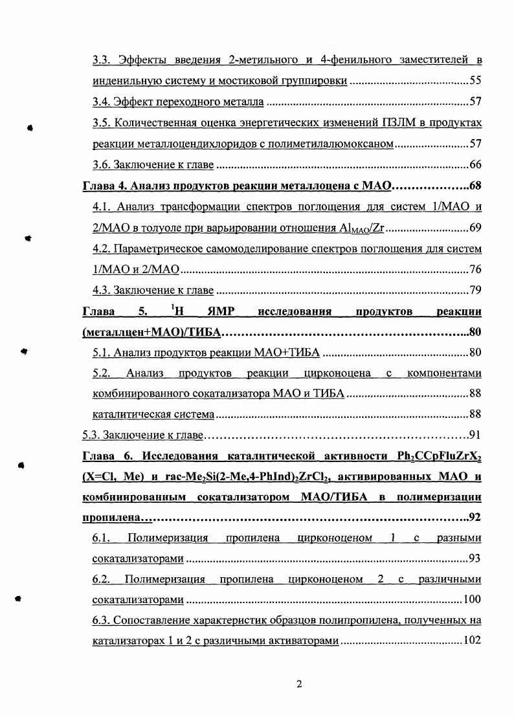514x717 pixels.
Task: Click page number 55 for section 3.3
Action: pyautogui.click(x=476, y=82)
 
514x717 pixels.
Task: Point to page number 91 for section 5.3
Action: pyautogui.click(x=475, y=434)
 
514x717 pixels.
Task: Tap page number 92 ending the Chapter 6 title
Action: pyautogui.click(x=475, y=517)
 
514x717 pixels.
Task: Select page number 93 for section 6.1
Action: pyautogui.click(x=476, y=558)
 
